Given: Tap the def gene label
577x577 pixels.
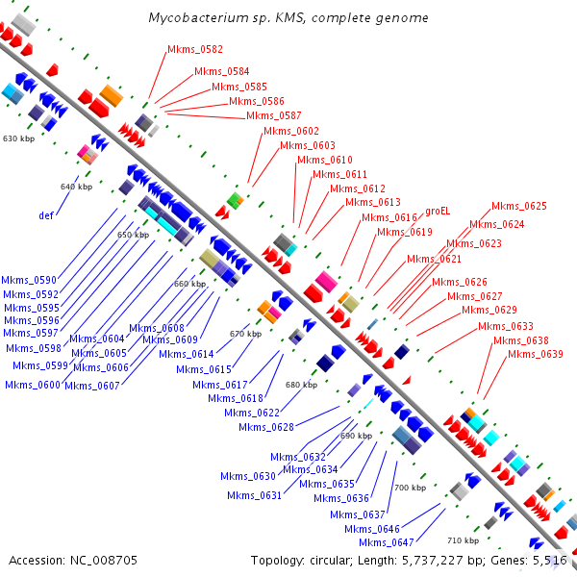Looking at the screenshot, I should pyautogui.click(x=45, y=215).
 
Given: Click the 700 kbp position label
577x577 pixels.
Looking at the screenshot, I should pyautogui.click(x=410, y=489).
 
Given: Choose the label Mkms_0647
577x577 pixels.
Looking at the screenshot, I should pyautogui.click(x=371, y=542).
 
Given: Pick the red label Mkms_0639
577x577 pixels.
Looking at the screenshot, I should pyautogui.click(x=535, y=354).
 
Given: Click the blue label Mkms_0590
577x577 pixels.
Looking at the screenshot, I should pyautogui.click(x=29, y=280).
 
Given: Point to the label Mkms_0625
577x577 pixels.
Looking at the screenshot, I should pyautogui.click(x=519, y=206).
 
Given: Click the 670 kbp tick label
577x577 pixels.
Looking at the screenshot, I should pyautogui.click(x=245, y=334).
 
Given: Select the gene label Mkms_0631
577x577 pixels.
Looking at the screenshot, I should pyautogui.click(x=254, y=495).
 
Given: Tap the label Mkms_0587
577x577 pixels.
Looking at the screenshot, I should pyautogui.click(x=274, y=115).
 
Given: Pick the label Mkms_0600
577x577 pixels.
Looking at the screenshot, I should pyautogui.click(x=32, y=385).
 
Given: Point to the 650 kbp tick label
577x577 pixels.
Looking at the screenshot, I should pyautogui.click(x=134, y=235).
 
